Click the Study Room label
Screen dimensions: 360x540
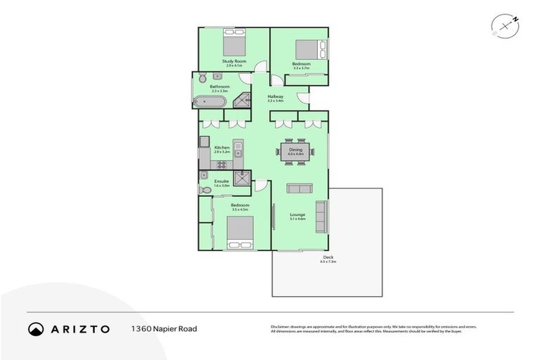(x=235, y=61)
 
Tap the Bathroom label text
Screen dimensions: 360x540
(x=219, y=86)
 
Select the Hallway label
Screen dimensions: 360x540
(x=275, y=96)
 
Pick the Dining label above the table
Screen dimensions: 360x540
(x=295, y=150)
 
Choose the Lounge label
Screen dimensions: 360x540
(x=297, y=215)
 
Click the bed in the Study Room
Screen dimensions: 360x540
(x=234, y=44)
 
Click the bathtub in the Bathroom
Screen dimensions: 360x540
(x=210, y=102)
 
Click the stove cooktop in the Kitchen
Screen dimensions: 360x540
(x=221, y=165)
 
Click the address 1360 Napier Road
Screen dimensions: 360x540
(x=164, y=328)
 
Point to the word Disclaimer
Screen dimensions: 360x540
(x=282, y=327)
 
